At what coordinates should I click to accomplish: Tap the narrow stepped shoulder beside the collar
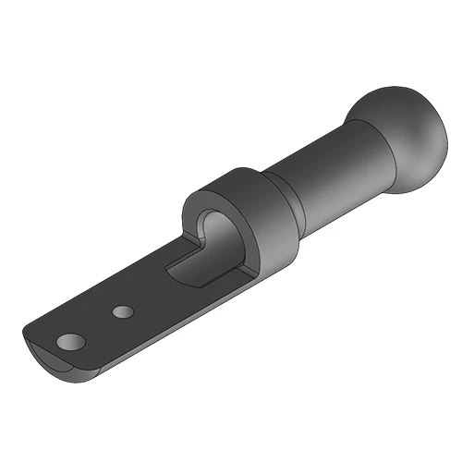pos(282,199)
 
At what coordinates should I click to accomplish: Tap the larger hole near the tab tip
pos(70,343)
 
